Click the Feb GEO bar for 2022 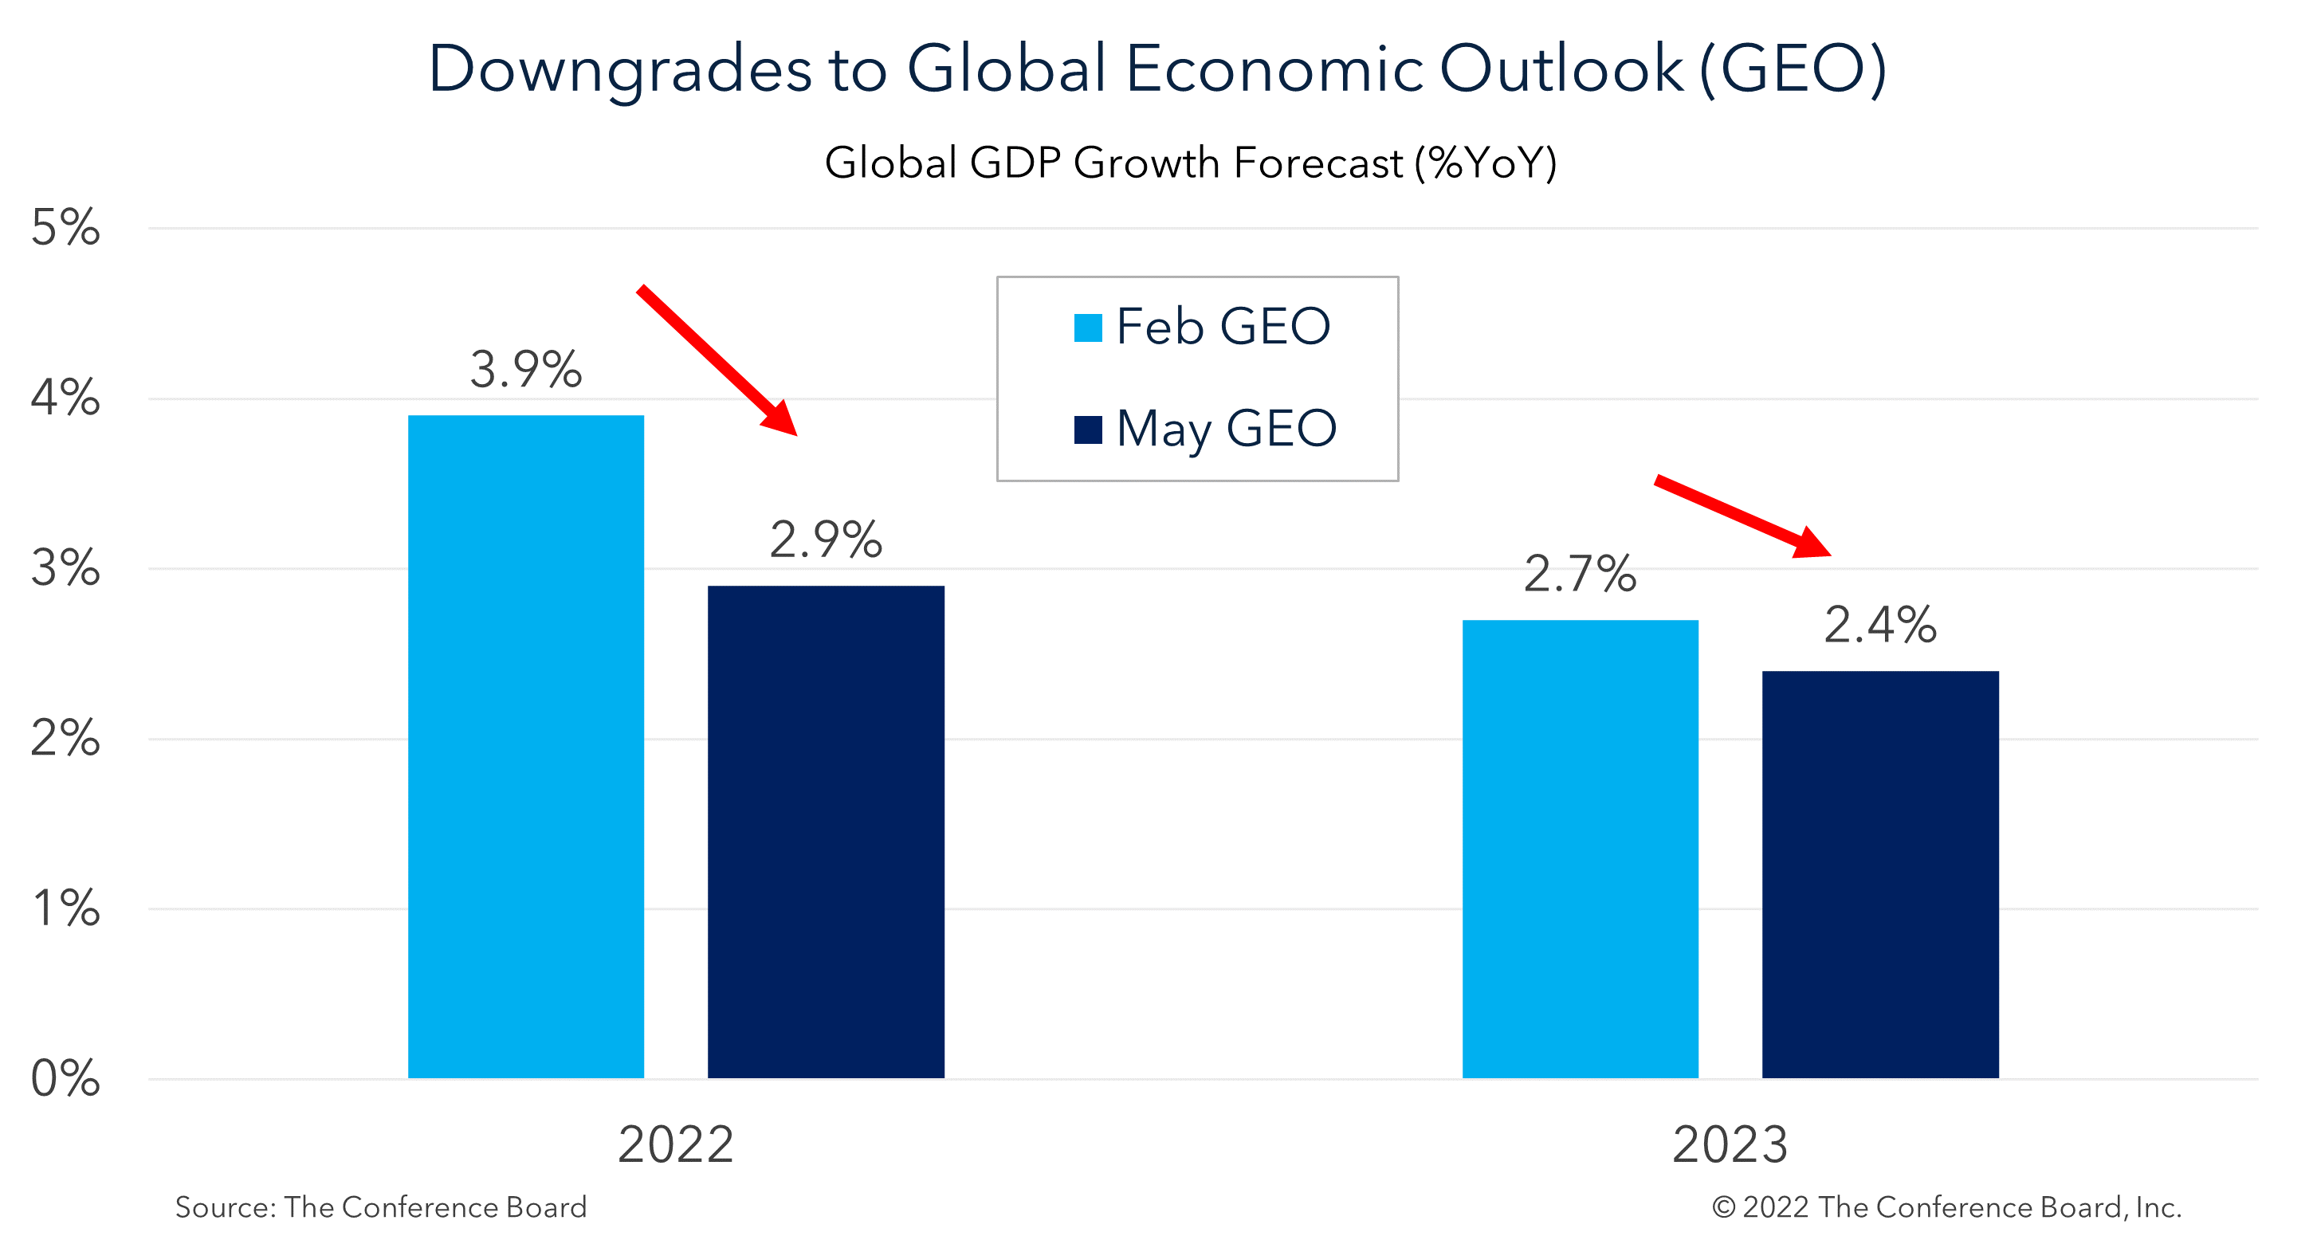click(525, 745)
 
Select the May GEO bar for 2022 click(825, 830)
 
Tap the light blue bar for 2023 click(1580, 848)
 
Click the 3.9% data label click(525, 369)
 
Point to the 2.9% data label click(825, 540)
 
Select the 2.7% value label click(1580, 574)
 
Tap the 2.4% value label click(1879, 625)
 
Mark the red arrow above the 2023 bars click(1742, 516)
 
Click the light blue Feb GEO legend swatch click(1087, 328)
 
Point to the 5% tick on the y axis click(65, 227)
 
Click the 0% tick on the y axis click(65, 1077)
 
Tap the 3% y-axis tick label click(65, 567)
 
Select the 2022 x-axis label click(675, 1144)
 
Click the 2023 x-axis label click(1730, 1144)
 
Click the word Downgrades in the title click(619, 69)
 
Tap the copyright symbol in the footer click(1722, 1207)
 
